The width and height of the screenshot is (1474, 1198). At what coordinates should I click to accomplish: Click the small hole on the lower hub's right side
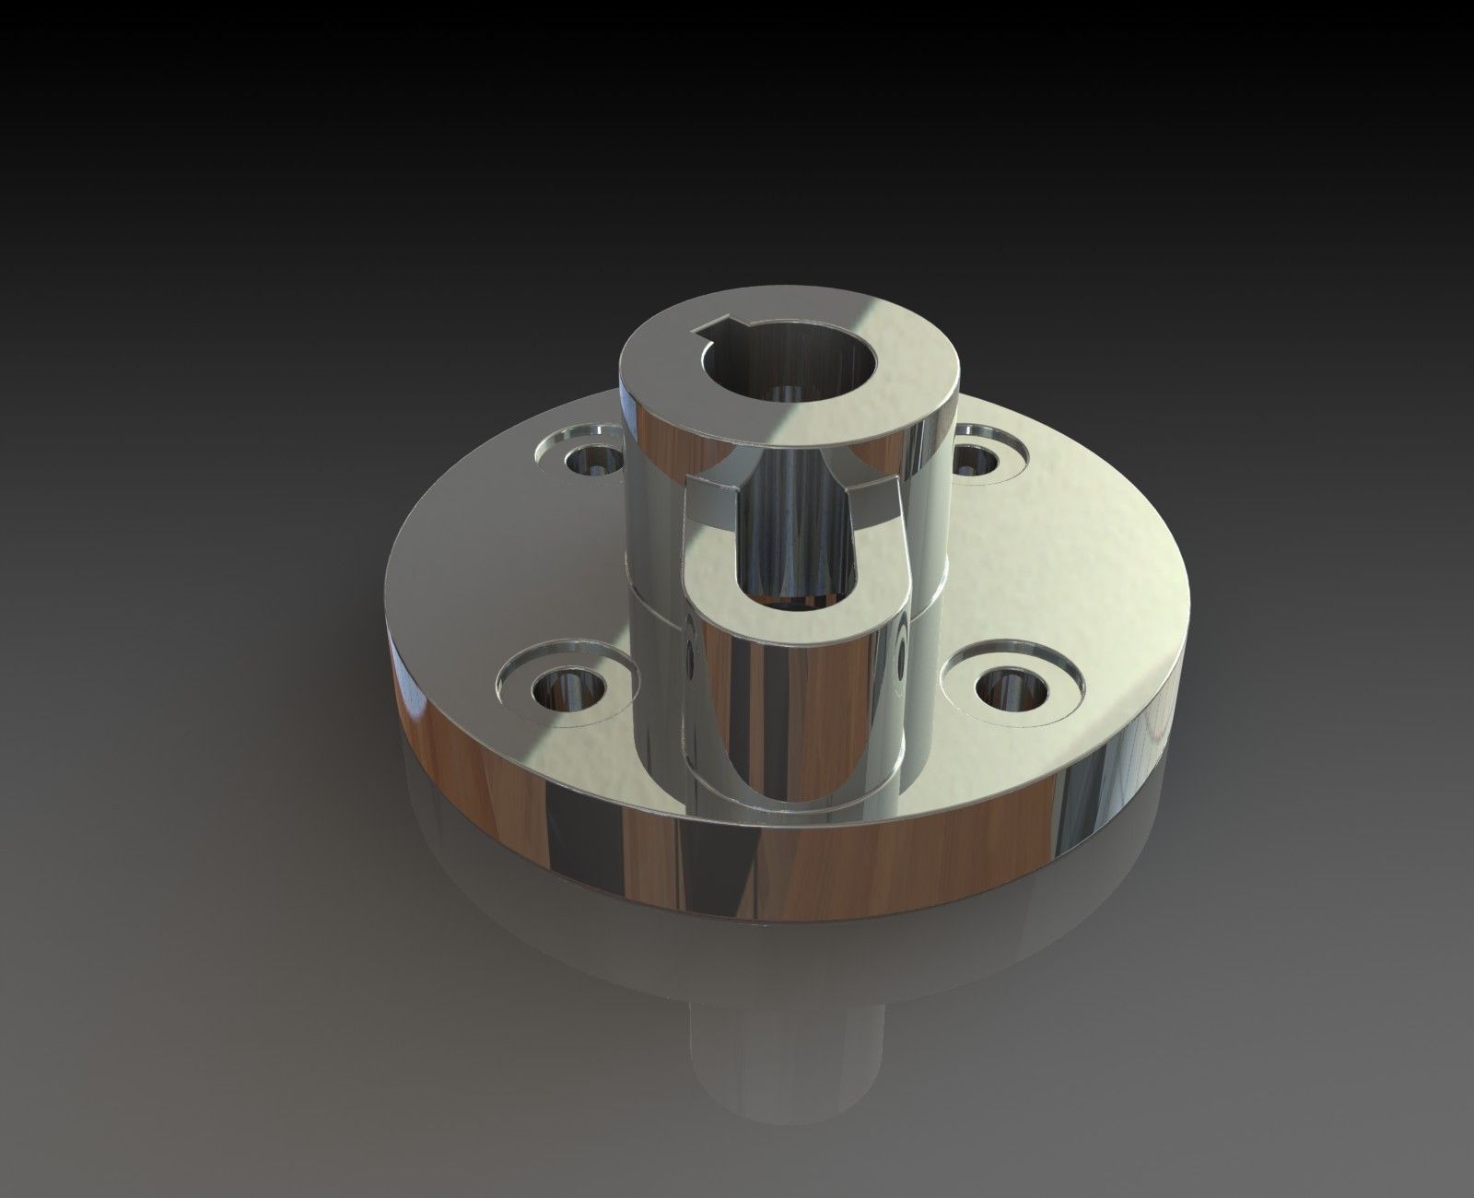[x=898, y=656]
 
